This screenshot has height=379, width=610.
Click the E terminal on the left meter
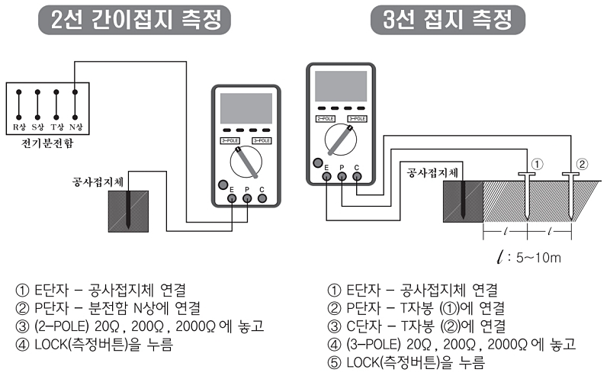pos(231,199)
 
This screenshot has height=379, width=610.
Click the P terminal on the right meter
pos(342,177)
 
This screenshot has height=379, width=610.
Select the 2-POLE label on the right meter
pos(325,119)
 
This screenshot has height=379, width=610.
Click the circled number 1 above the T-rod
pos(538,164)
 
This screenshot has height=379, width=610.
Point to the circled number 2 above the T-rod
pos(583,164)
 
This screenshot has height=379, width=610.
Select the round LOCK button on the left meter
pos(222,185)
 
